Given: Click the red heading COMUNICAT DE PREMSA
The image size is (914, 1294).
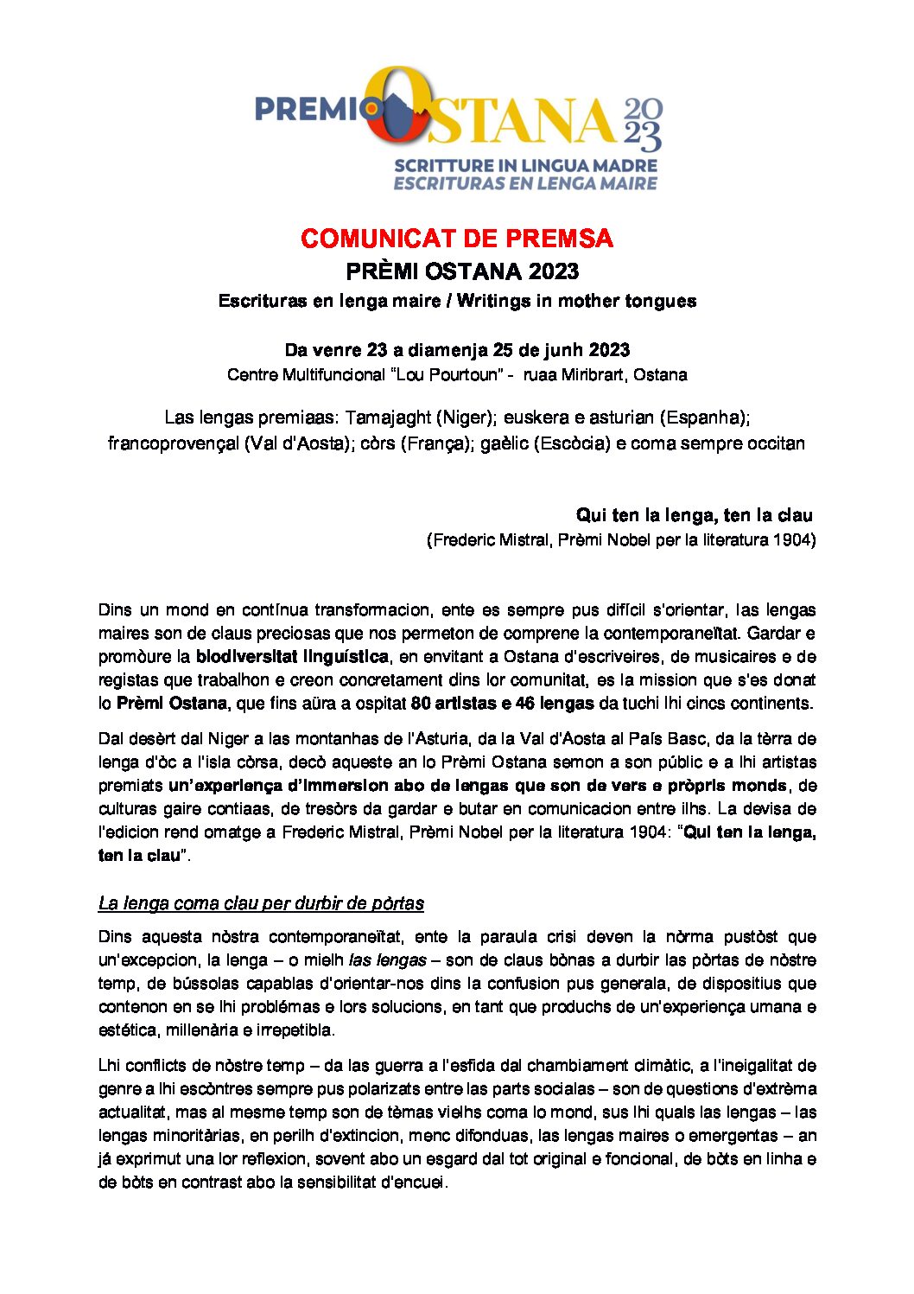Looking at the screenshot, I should click(x=457, y=239).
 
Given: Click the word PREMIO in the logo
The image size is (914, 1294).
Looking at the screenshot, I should click(x=308, y=110).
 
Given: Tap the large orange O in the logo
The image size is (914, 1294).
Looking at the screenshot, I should click(x=397, y=107).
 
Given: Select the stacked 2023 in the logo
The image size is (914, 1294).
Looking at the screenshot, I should click(x=643, y=124).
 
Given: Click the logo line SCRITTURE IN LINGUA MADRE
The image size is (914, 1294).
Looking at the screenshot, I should click(x=525, y=165).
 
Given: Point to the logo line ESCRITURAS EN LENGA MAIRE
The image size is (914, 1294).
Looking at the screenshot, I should click(x=525, y=183).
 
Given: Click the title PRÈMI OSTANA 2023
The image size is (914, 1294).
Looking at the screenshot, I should click(x=462, y=271).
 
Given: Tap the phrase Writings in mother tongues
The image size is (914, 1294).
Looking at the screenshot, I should click(x=576, y=301).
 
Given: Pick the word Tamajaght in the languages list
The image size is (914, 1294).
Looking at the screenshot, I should click(x=388, y=418).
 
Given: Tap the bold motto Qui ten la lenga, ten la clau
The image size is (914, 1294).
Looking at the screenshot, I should click(x=695, y=515).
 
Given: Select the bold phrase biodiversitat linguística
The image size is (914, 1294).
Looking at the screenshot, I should click(x=292, y=657).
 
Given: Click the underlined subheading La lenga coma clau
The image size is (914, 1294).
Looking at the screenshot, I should click(x=261, y=903).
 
